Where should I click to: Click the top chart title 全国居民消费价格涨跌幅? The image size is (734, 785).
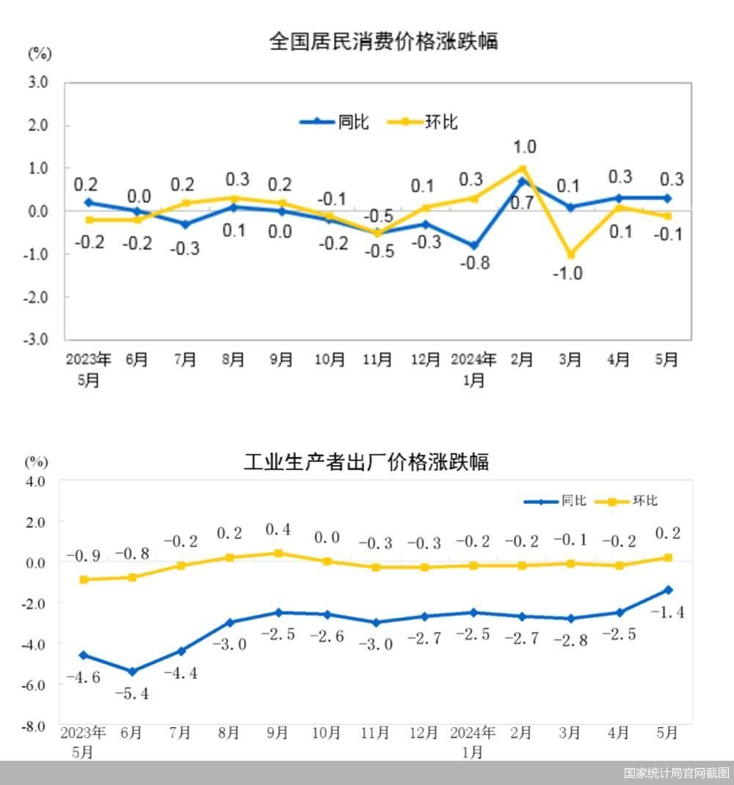383,41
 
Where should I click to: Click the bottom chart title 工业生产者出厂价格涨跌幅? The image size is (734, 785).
366,461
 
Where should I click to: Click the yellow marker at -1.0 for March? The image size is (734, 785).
570,255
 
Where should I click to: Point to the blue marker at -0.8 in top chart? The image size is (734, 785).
474,246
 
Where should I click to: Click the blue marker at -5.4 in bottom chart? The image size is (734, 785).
132,671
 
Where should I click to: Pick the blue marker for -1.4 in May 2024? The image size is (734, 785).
669,590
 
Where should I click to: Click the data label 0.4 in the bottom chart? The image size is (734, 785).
277,530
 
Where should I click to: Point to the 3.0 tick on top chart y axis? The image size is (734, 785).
38,83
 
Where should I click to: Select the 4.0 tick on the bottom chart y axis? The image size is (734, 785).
34,481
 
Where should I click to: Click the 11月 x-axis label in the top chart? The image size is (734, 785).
377,359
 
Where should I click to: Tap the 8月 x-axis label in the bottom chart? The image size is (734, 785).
229,732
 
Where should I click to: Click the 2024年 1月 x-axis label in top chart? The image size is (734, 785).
473,369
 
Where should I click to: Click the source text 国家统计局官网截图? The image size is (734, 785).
676,773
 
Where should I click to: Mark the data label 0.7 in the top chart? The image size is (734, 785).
522,203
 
